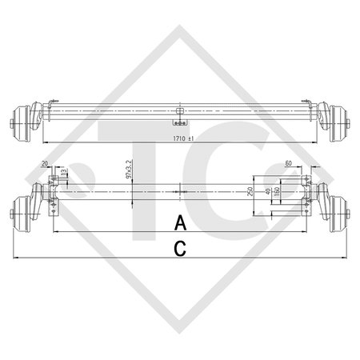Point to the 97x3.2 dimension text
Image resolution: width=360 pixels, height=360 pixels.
127,170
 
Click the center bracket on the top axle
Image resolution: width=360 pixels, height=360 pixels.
181,114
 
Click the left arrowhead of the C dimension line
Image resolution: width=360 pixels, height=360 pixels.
16,259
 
